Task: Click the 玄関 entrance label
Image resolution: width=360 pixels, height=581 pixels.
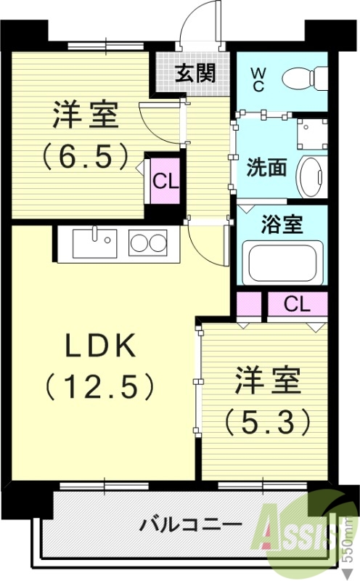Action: point(195,73)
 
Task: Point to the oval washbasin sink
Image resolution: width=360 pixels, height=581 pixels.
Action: point(313,175)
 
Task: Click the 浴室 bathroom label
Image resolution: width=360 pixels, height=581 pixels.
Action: point(282,224)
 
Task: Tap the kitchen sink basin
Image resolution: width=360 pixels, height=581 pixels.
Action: point(96,240)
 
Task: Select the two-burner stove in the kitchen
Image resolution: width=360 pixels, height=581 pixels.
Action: point(148,242)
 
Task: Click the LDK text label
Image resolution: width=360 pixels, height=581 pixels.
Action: point(101,346)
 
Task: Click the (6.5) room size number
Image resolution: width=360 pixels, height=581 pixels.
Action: point(86,154)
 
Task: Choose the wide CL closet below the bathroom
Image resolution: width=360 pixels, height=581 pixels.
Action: point(297,304)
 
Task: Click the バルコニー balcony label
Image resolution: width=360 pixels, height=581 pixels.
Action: point(181,524)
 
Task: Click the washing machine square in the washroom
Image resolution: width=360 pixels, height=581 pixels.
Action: point(313,134)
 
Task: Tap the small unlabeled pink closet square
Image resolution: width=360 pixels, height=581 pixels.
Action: point(248,304)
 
